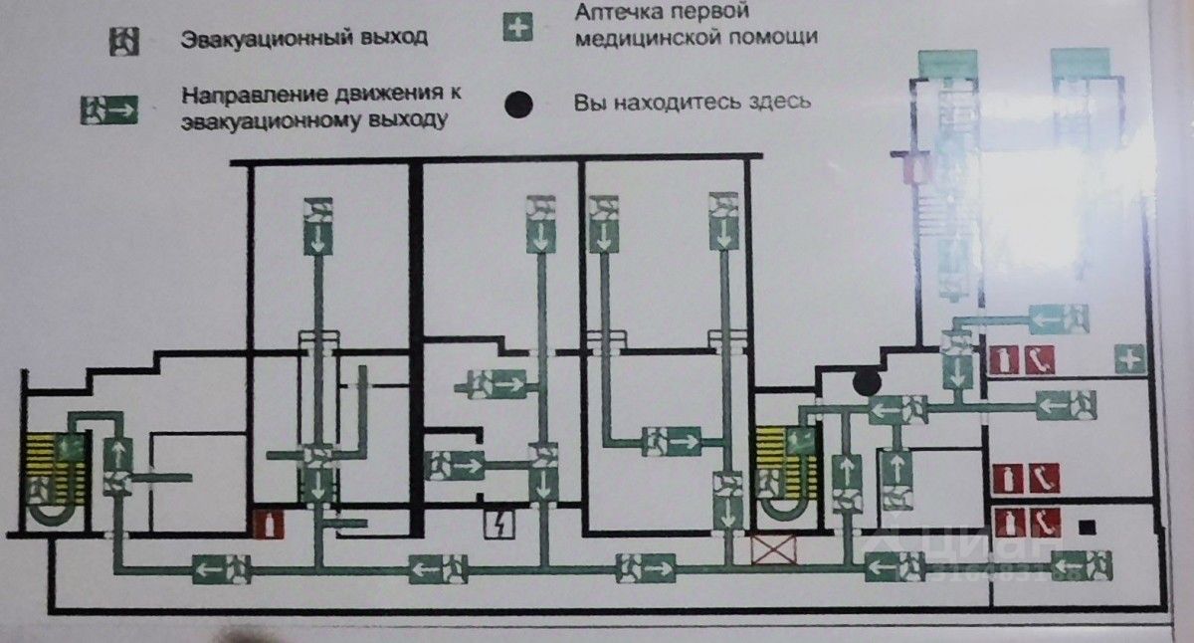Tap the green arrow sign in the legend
click(x=107, y=108)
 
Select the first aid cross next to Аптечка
click(x=514, y=27)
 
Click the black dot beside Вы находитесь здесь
click(x=519, y=104)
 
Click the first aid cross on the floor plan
click(x=1130, y=359)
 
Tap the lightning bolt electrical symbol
click(x=496, y=524)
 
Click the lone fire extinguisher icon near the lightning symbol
click(x=265, y=525)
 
